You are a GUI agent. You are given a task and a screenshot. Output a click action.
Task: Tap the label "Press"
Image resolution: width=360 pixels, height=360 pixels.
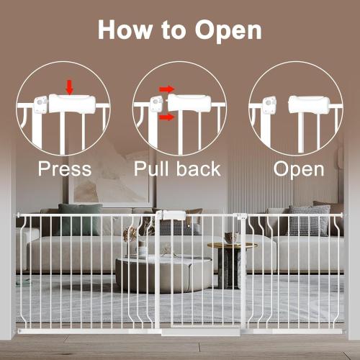(x=66, y=169)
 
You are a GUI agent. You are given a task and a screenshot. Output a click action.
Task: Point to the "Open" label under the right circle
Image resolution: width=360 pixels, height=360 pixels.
(x=298, y=169)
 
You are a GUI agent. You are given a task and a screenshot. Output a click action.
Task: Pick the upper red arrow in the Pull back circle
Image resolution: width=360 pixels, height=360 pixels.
(x=166, y=90)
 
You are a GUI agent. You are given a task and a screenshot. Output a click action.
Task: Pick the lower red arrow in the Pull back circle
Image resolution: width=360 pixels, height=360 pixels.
(x=166, y=116)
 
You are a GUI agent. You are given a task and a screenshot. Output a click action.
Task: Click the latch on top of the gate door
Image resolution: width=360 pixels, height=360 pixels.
(x=173, y=215)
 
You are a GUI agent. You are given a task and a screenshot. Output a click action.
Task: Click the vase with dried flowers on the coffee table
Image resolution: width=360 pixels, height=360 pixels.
(x=130, y=241)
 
